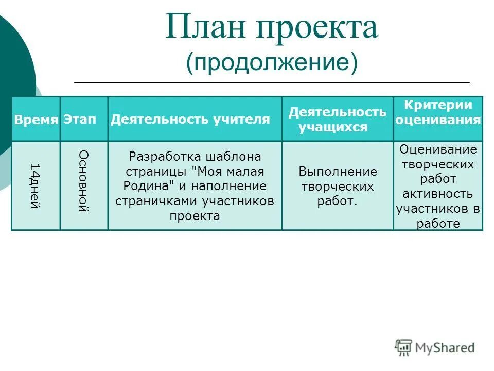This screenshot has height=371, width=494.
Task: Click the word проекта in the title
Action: (x=315, y=29)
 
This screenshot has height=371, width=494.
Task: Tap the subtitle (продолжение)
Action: (x=272, y=62)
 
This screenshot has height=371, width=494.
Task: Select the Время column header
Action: (x=36, y=120)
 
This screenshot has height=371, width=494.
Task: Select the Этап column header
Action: (x=80, y=120)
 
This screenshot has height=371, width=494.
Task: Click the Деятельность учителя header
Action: (x=190, y=120)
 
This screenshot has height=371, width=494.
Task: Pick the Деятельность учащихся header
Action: (x=337, y=120)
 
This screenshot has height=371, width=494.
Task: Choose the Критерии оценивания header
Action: (x=438, y=112)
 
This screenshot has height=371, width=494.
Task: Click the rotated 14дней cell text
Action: (x=34, y=185)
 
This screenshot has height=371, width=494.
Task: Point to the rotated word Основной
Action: (x=83, y=181)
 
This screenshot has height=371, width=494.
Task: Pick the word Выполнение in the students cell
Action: (x=338, y=172)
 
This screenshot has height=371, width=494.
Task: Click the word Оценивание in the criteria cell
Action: (x=438, y=149)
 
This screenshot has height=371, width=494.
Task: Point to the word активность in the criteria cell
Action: (x=438, y=194)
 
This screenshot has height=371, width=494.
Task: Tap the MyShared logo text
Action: (x=445, y=348)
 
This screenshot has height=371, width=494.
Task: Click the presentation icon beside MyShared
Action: (x=404, y=348)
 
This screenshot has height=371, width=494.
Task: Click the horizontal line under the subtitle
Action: (x=272, y=82)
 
